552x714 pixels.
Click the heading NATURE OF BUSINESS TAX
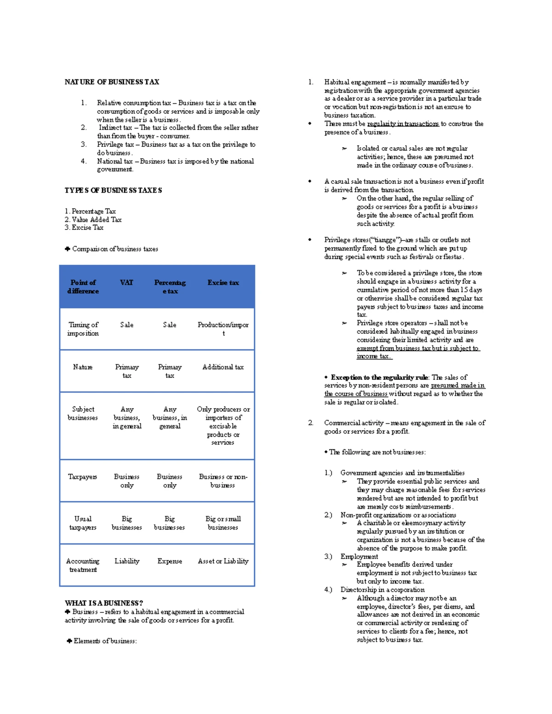112,82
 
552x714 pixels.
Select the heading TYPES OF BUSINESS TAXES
113,190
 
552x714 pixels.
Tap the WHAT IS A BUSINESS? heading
104,603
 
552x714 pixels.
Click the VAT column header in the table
126,283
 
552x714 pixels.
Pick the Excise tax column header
223,283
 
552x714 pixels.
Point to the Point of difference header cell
83,287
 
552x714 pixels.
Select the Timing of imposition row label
83,329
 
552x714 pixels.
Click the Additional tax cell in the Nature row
223,367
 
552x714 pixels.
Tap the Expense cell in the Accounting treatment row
170,561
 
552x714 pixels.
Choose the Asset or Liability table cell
223,561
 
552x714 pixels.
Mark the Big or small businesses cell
223,523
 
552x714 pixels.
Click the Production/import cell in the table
223,329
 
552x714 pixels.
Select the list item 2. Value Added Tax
93,220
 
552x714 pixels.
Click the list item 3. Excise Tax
84,228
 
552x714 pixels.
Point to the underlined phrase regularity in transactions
403,124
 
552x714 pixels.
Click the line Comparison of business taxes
115,249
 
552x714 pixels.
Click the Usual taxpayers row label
83,523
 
